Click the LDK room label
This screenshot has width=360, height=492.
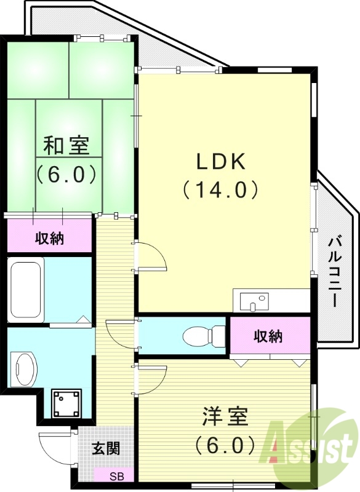[221, 162]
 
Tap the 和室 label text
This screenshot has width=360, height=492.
[66, 146]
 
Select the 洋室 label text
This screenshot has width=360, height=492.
[225, 417]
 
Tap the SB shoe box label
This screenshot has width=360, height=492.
[116, 476]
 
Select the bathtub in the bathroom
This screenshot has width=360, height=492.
[25, 289]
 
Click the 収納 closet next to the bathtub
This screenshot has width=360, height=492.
[49, 238]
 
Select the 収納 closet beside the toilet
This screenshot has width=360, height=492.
[268, 336]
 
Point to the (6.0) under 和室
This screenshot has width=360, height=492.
[66, 174]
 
